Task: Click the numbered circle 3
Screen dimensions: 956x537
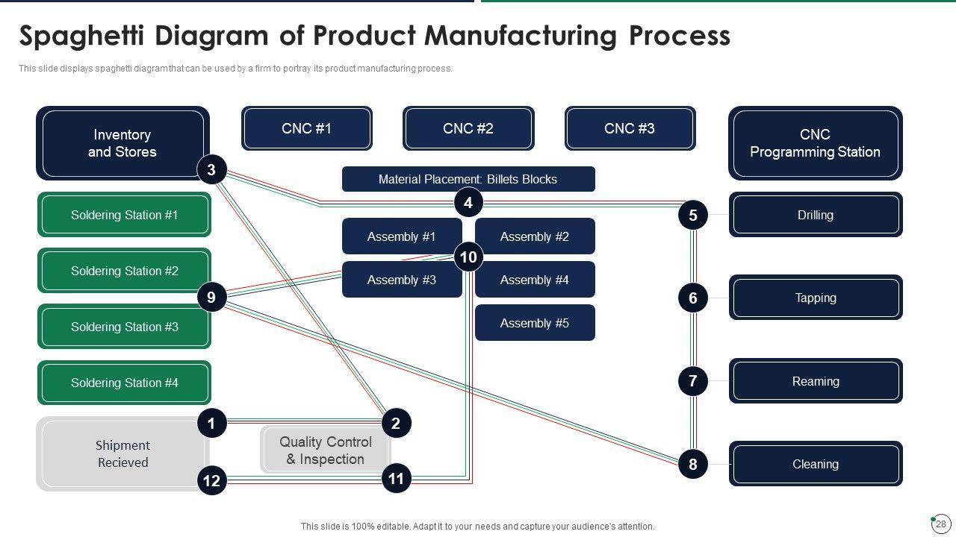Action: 211,169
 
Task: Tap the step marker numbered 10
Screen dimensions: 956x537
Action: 468,257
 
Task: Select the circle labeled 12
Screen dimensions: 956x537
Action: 211,481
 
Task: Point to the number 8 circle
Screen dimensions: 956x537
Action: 692,464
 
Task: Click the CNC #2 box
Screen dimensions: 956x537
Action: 468,128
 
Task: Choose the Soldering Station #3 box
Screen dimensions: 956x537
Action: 124,327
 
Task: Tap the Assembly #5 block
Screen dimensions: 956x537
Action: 535,323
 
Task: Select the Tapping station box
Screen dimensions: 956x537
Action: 816,298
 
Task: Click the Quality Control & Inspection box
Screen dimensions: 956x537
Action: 325,450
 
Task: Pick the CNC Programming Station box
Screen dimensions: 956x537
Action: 815,143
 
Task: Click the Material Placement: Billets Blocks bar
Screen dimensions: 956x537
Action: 468,179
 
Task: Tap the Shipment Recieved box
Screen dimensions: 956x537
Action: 123,454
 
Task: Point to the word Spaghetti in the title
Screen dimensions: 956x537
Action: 81,36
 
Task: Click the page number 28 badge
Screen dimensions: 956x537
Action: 940,524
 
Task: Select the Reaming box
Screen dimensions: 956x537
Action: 816,380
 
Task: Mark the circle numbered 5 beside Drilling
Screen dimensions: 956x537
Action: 692,215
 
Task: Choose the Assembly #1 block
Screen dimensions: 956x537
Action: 402,236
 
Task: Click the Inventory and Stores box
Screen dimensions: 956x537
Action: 122,143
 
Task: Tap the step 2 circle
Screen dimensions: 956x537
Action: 396,423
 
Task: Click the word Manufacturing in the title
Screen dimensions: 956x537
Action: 521,36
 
